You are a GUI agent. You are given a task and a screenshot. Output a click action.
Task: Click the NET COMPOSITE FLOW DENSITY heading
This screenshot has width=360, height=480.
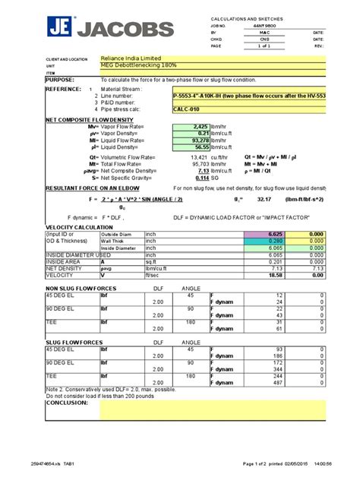point(84,119)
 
